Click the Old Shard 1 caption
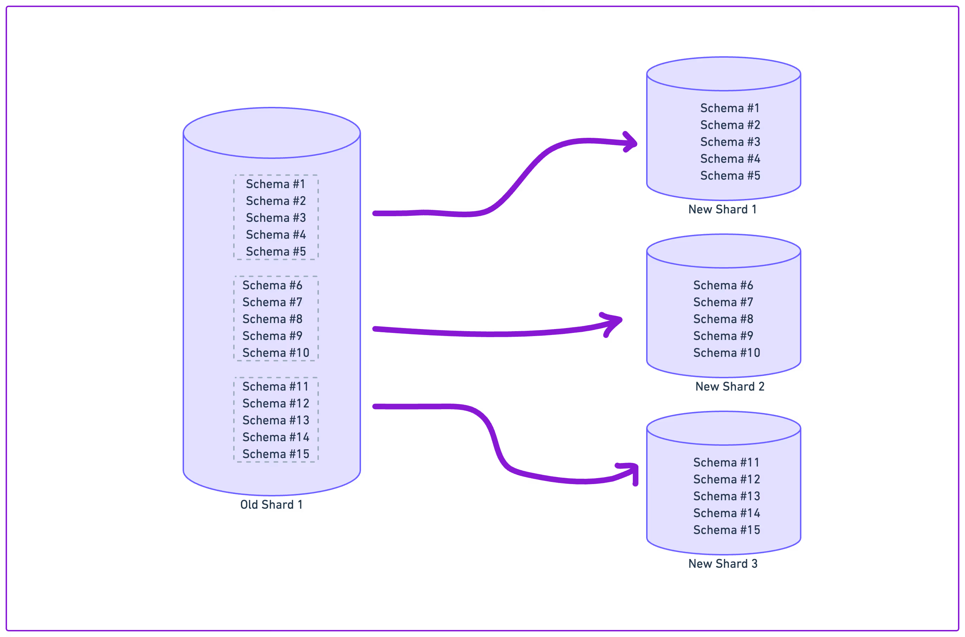pos(271,504)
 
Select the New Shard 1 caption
pos(722,209)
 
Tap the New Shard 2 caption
pos(730,386)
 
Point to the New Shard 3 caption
pos(723,564)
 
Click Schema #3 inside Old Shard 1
pos(276,218)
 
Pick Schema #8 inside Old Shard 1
pos(272,319)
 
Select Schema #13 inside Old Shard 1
pos(276,420)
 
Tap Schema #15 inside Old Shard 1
pos(276,454)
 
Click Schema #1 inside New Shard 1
pos(730,108)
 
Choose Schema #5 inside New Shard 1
pos(730,175)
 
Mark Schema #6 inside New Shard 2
pos(723,285)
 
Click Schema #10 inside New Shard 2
pos(727,353)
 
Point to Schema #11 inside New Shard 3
pos(726,462)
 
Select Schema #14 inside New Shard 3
pos(727,513)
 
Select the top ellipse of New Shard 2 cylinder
pos(723,251)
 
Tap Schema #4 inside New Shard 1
pos(730,159)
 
